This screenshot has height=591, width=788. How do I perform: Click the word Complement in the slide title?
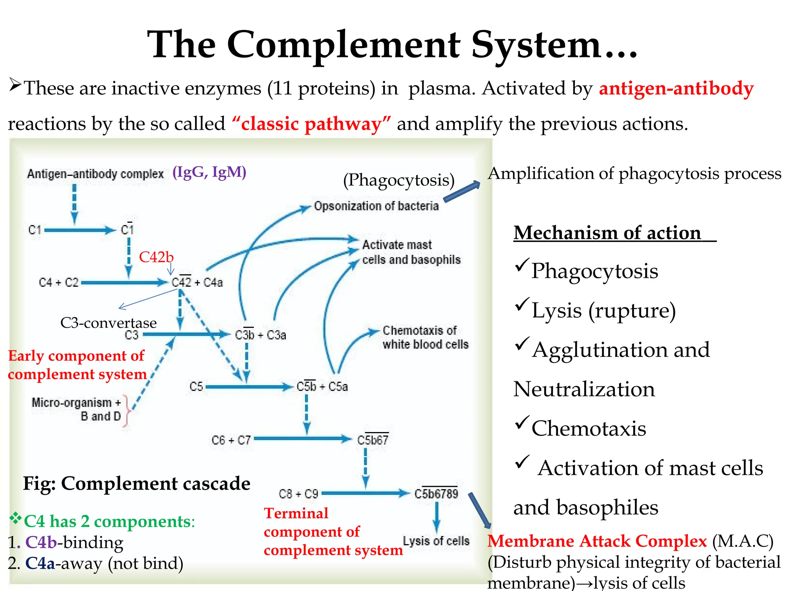(x=344, y=45)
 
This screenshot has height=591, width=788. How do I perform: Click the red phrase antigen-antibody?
(x=676, y=88)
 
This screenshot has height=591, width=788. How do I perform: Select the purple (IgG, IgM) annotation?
(x=209, y=172)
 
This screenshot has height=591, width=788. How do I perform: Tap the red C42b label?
(x=156, y=257)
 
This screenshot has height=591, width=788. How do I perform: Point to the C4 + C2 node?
(x=58, y=283)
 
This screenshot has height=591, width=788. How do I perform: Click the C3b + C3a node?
(x=260, y=335)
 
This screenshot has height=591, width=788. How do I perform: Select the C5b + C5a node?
(x=322, y=386)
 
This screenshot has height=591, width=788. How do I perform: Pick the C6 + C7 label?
(x=231, y=440)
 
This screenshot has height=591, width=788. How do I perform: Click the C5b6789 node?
(x=436, y=493)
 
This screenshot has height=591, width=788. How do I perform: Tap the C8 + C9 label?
(x=298, y=494)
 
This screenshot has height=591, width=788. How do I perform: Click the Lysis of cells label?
(x=436, y=541)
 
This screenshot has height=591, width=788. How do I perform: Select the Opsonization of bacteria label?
(x=376, y=206)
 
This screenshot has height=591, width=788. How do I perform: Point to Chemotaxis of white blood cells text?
(x=425, y=337)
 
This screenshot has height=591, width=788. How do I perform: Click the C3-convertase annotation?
(x=109, y=323)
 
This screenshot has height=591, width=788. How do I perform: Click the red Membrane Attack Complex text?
(x=597, y=541)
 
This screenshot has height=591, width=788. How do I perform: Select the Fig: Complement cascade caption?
(x=137, y=483)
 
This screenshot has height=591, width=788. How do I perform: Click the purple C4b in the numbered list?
(x=41, y=542)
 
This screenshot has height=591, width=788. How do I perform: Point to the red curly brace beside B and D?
(x=127, y=411)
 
